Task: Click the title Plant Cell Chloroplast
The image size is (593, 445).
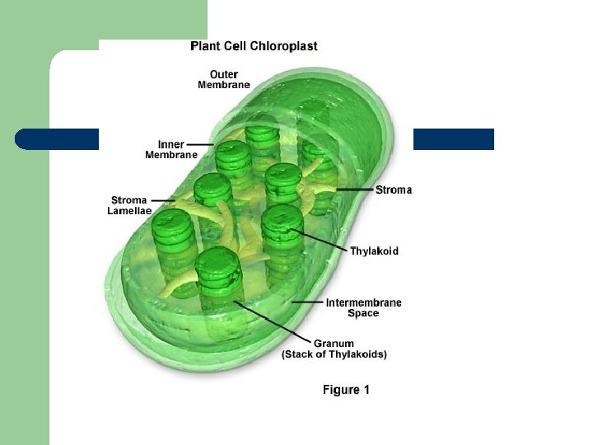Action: click(x=254, y=46)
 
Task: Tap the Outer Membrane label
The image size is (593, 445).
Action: click(x=224, y=79)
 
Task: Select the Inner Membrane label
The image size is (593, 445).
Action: click(x=171, y=149)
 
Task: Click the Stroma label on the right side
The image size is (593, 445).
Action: click(x=394, y=190)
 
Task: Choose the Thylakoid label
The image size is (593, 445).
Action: click(x=374, y=251)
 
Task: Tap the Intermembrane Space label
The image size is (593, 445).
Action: click(x=364, y=307)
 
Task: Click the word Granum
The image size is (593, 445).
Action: click(x=334, y=343)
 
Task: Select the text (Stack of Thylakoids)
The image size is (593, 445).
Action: click(x=334, y=354)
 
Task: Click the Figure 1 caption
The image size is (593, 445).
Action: click(x=346, y=390)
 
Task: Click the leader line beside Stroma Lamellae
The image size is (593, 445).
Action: click(x=163, y=199)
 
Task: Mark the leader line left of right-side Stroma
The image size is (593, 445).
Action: click(x=354, y=190)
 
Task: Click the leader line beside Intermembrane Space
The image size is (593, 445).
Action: click(x=309, y=302)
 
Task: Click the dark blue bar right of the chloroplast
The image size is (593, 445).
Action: click(x=453, y=139)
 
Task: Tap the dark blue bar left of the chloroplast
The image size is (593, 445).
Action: click(x=58, y=139)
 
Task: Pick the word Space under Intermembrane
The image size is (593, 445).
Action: click(x=363, y=313)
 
